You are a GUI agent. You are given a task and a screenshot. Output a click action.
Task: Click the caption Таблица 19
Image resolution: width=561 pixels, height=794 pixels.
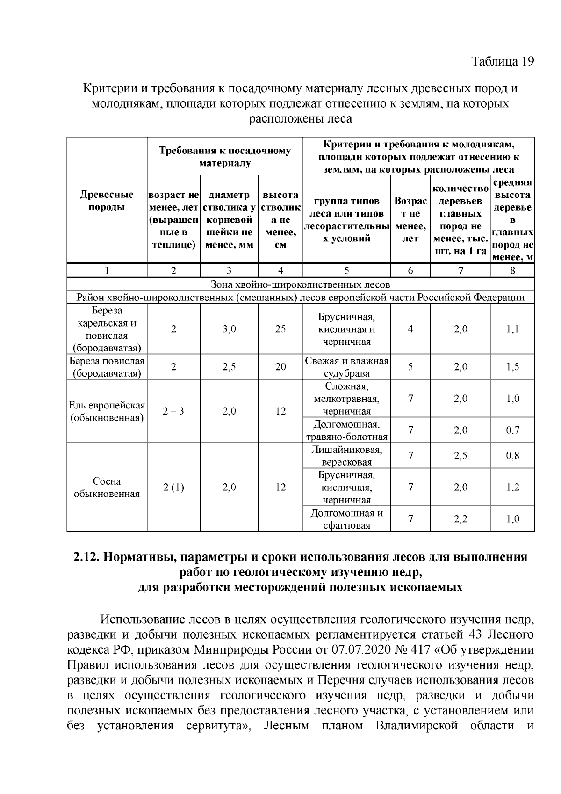(x=502, y=62)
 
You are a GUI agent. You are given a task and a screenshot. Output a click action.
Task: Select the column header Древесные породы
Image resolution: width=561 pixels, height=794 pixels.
(x=107, y=201)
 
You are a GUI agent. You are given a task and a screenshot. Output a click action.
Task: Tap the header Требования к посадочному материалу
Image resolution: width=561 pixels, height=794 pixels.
(x=224, y=157)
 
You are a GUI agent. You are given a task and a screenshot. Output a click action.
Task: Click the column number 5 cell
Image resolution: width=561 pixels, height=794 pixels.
(x=346, y=270)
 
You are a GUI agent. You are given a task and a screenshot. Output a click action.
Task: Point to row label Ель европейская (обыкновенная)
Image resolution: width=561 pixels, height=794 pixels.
(x=107, y=411)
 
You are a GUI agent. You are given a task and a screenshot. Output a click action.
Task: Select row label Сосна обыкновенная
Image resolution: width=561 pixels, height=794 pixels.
(x=107, y=488)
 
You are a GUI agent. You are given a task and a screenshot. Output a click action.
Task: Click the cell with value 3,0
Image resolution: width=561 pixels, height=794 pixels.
(x=229, y=329)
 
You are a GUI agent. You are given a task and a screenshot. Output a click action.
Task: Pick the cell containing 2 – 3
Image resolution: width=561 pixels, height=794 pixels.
(x=173, y=411)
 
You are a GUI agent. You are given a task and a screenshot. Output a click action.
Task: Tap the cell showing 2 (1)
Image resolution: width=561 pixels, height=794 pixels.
(x=173, y=488)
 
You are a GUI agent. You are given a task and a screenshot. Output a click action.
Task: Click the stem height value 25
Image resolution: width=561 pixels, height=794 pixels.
(x=280, y=329)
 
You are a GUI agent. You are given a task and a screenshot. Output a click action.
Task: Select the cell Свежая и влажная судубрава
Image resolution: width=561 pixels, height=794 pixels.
(x=346, y=367)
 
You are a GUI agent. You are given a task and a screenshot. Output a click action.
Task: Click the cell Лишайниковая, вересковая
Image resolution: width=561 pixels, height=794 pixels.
(x=346, y=456)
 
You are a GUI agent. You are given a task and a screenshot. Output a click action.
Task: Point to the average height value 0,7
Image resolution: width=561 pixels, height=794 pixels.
(x=512, y=430)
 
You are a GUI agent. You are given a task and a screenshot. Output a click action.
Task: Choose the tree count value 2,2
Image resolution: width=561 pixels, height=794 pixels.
(x=460, y=519)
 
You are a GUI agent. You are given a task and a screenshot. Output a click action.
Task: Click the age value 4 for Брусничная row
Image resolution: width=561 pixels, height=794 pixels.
(x=410, y=329)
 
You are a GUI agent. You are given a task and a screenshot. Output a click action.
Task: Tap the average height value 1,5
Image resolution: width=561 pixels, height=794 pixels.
(x=512, y=367)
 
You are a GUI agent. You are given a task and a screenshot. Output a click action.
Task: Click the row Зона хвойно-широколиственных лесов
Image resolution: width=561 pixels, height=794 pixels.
(x=300, y=284)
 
